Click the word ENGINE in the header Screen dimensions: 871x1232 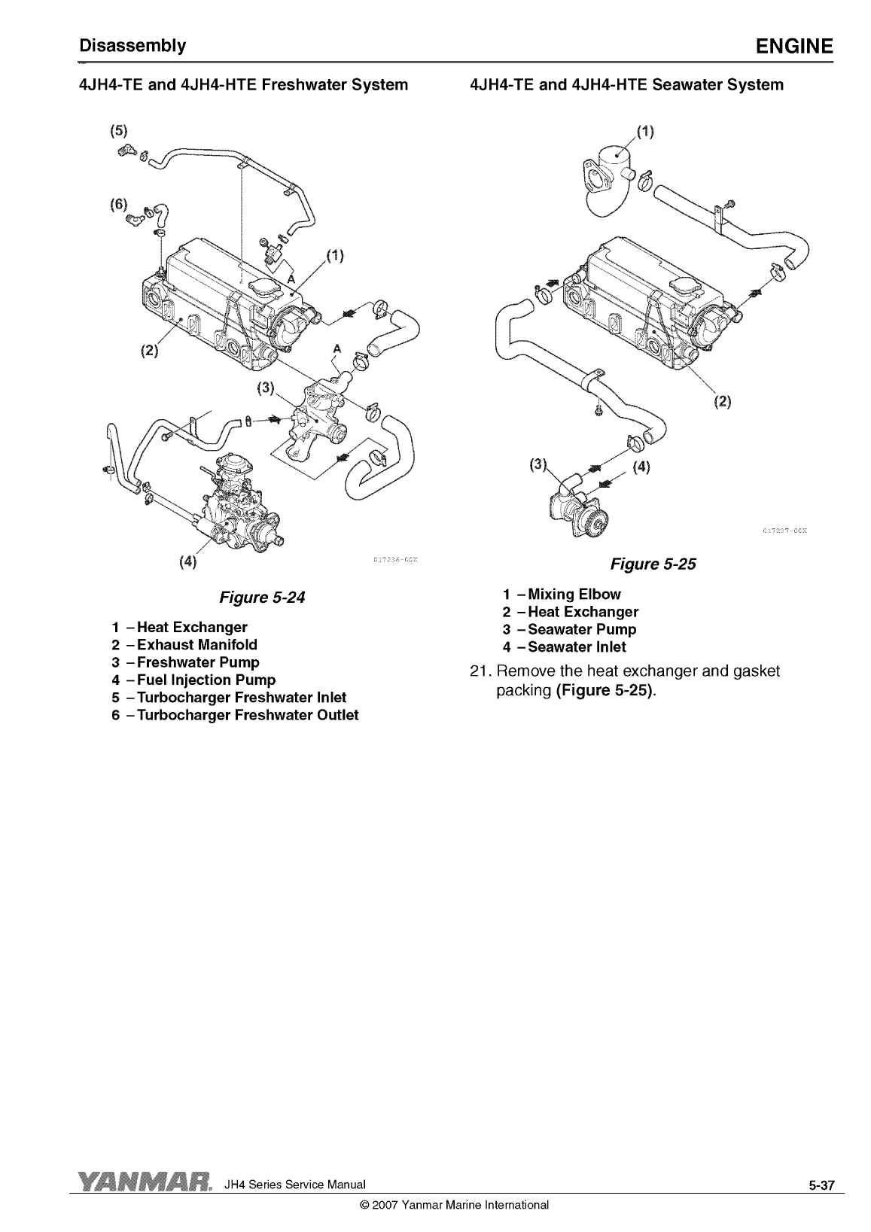(794, 46)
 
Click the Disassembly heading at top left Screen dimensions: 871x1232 (132, 46)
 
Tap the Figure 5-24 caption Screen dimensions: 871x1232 (262, 598)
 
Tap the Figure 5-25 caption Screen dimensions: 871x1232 (653, 564)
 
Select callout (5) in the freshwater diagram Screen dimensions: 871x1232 (118, 131)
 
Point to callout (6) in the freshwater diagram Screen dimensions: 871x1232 (118, 205)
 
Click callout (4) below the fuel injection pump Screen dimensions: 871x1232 (187, 561)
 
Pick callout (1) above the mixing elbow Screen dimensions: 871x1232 (645, 132)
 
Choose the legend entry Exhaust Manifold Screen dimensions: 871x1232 (184, 645)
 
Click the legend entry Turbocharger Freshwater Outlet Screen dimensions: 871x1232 (235, 715)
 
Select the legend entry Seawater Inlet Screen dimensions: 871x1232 (564, 646)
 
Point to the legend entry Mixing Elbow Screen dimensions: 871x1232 (562, 594)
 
